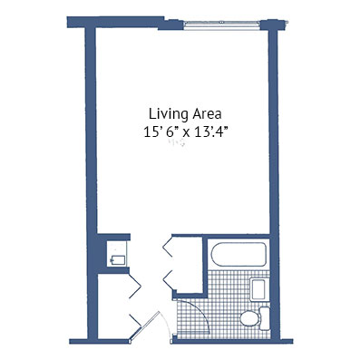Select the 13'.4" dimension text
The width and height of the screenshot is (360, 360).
210,132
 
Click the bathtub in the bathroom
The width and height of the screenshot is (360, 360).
238,254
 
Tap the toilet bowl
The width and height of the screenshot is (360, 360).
250,318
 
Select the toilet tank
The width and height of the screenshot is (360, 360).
265,318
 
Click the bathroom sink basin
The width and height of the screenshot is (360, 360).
258,289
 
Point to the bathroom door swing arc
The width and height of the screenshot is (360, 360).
202,311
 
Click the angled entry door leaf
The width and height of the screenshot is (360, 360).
145,326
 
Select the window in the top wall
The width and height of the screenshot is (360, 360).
222,25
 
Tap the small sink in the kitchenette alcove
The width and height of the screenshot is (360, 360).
118,259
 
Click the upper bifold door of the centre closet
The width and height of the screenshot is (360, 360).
168,246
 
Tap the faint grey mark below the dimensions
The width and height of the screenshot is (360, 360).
178,142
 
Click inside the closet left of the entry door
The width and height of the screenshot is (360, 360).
113,306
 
